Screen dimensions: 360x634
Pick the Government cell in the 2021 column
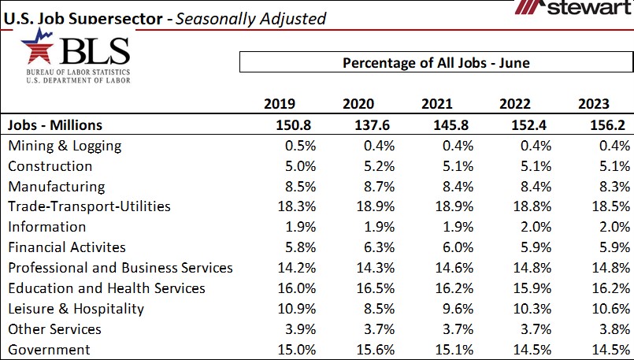click(x=452, y=350)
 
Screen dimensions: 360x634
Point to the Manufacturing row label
click(x=56, y=187)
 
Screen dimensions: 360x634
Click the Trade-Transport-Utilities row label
click(x=89, y=206)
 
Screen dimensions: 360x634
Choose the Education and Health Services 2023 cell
click(x=610, y=288)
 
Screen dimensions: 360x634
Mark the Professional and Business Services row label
click(x=120, y=268)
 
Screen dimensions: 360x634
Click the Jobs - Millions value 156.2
click(x=606, y=125)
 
